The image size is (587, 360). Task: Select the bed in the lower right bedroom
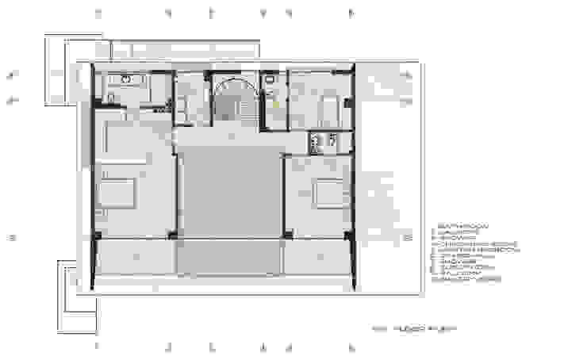click(x=324, y=194)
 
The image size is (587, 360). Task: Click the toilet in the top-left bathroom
click(x=111, y=98)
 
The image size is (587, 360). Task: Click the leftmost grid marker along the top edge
click(x=97, y=13)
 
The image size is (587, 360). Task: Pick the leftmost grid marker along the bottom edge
click(x=97, y=347)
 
